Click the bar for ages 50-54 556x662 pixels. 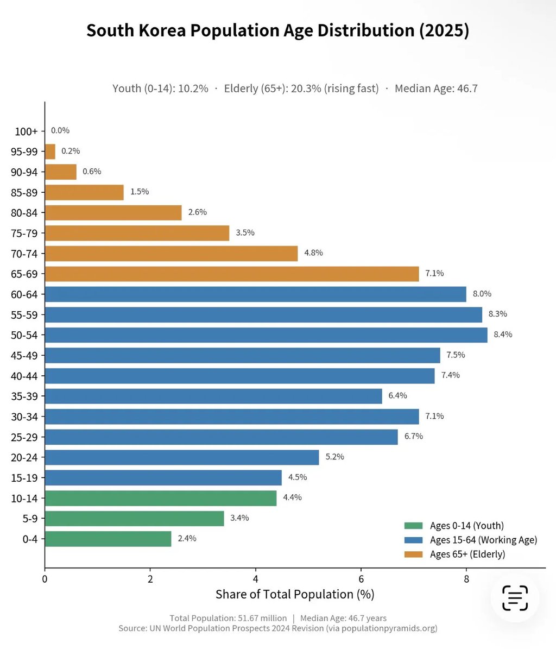point(266,335)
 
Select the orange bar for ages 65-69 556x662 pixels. point(232,274)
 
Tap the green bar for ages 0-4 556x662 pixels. point(108,539)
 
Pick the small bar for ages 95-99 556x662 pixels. point(50,152)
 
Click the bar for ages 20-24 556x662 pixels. point(182,457)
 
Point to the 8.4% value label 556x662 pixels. point(503,335)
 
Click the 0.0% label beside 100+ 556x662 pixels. point(60,130)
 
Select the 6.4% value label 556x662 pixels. point(398,395)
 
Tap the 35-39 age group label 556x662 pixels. point(24,396)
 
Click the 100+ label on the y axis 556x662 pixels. point(26,131)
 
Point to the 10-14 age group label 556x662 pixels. point(24,499)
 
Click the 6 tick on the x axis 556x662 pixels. point(361,579)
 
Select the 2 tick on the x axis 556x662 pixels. point(150,579)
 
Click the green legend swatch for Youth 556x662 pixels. point(413,526)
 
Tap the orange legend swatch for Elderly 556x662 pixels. point(413,554)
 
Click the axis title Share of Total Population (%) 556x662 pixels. point(295,595)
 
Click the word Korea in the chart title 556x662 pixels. point(162,31)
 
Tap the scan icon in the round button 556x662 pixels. point(515,598)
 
